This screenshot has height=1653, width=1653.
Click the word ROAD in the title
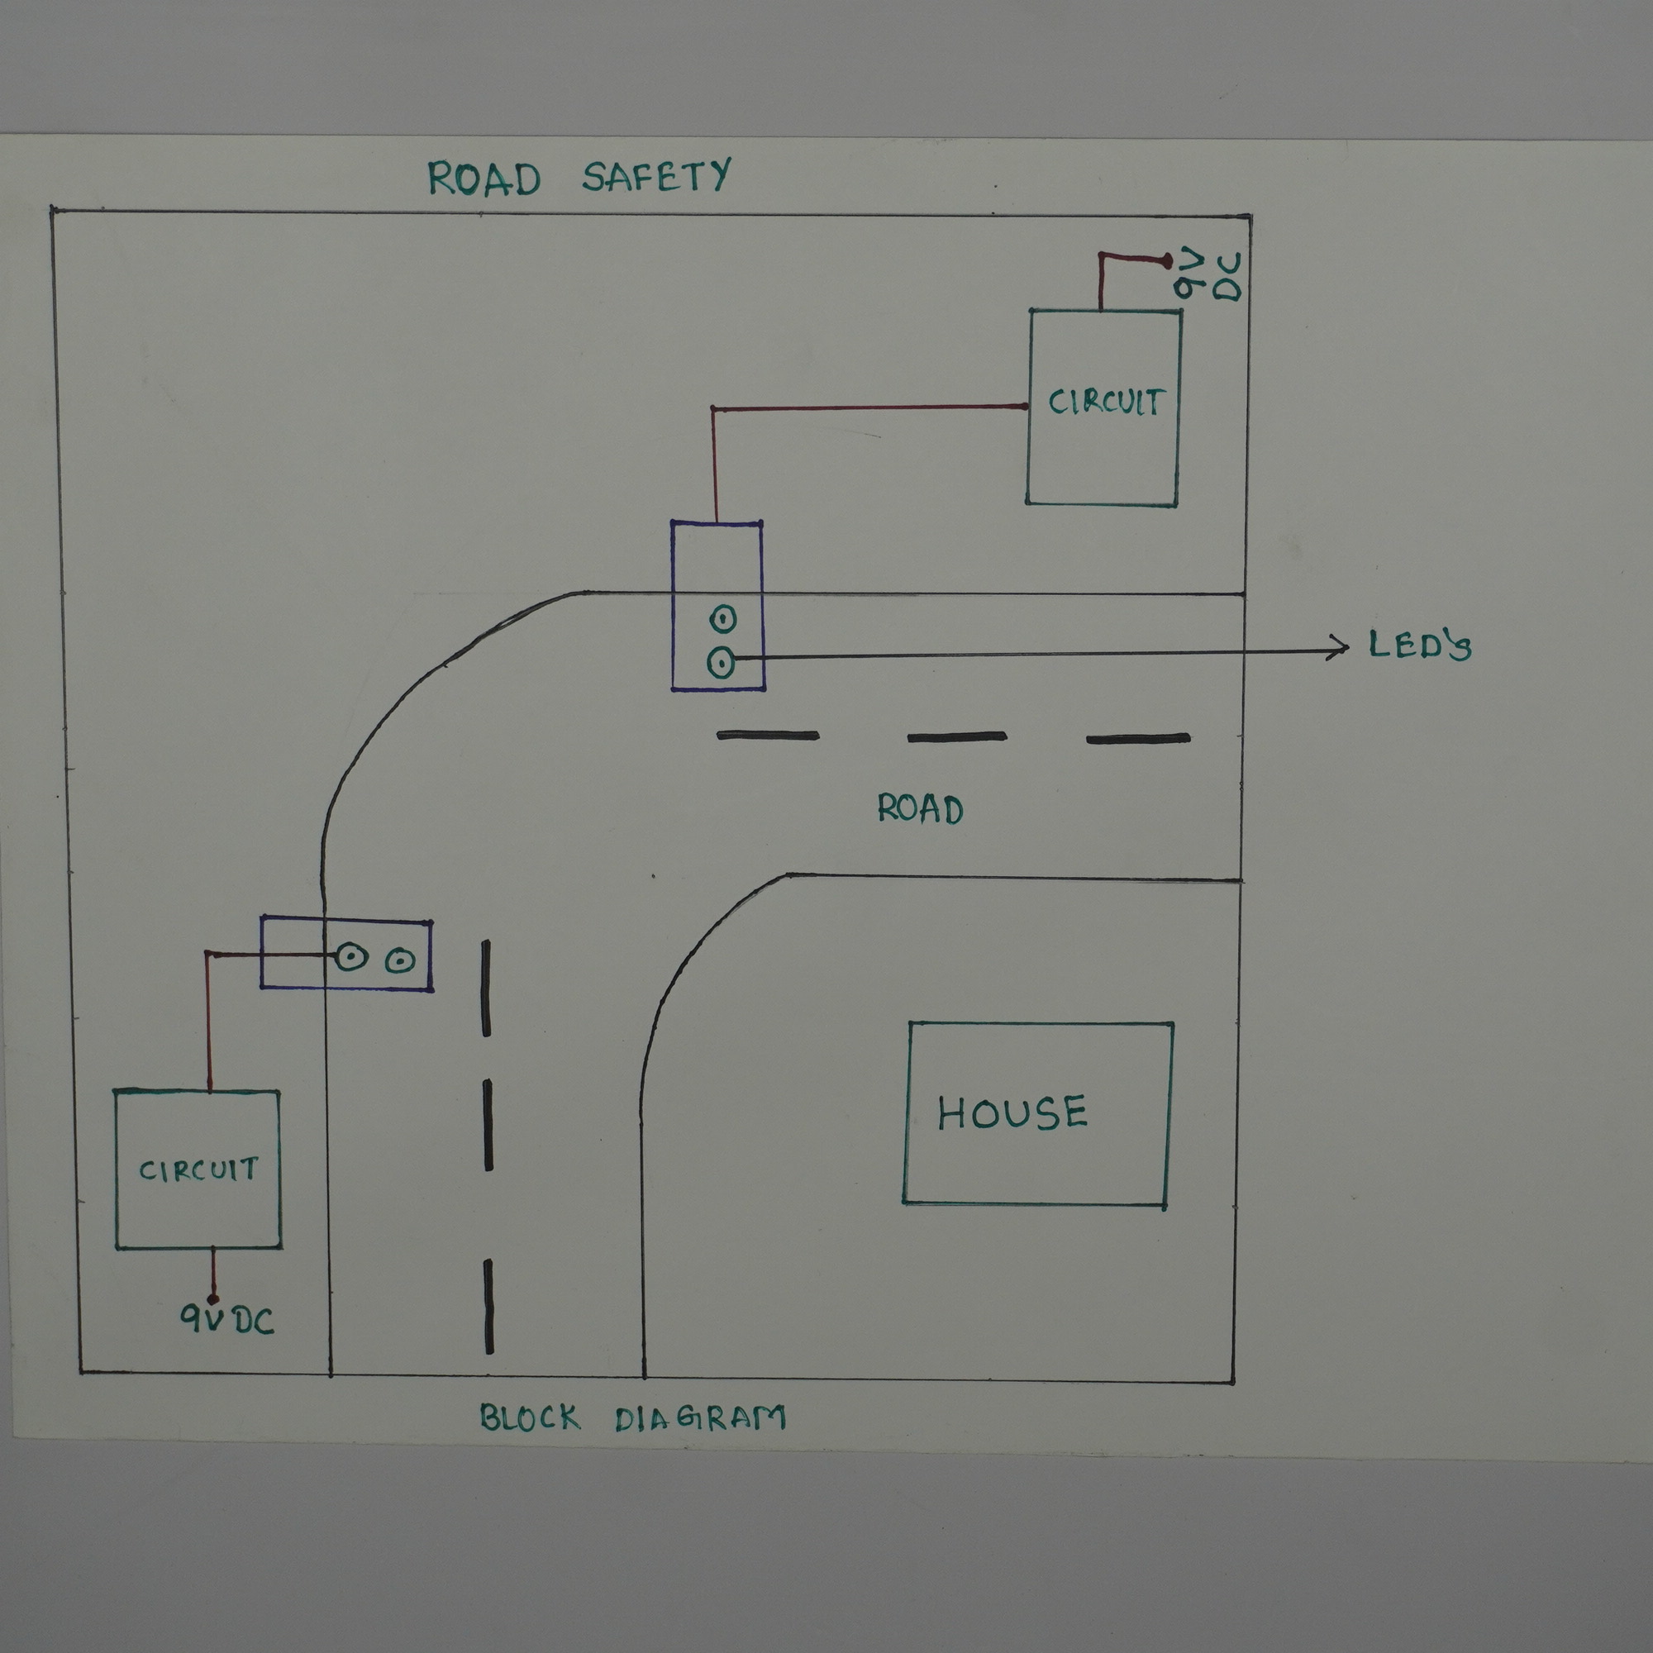point(484,178)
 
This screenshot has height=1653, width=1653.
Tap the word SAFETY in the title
point(656,176)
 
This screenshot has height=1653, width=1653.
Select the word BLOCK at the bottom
point(530,1417)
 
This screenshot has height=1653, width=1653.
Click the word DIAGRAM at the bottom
point(700,1417)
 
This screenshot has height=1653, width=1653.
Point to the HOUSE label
point(1012,1113)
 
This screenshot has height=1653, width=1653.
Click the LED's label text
point(1419,645)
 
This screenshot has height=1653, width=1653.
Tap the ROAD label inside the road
point(920,808)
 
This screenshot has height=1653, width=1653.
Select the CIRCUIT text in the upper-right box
point(1105,403)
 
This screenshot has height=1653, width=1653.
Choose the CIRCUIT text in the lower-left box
point(198,1169)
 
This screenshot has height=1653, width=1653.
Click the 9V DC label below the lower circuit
point(227,1320)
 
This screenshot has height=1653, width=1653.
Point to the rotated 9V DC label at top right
point(1208,275)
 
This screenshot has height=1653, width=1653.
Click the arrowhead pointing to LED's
point(1340,648)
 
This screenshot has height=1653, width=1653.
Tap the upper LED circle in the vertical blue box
point(723,617)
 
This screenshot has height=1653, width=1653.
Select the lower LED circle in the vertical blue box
point(722,662)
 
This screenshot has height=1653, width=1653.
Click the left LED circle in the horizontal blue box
point(350,956)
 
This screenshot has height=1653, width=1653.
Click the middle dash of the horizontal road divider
point(956,736)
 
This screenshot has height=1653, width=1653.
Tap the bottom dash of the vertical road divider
point(488,1307)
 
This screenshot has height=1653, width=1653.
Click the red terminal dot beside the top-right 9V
point(1166,259)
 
